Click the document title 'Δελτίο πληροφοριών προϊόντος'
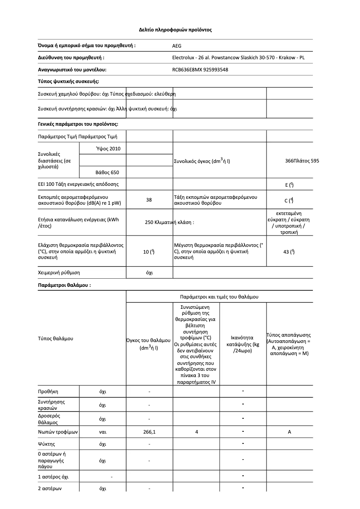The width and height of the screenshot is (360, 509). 175,30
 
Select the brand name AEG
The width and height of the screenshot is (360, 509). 177,46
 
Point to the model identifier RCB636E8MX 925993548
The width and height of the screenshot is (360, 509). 200,70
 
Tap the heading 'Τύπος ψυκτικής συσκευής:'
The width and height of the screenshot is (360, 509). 68,81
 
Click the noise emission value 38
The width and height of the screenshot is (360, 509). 149,200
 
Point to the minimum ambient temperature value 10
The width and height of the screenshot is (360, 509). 149,252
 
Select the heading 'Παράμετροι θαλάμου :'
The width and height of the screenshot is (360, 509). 64,285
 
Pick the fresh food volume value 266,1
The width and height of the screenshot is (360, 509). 149,432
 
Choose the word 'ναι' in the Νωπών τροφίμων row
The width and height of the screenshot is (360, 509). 102,432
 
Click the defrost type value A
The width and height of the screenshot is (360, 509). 290,432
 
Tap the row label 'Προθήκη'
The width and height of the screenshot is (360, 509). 48,392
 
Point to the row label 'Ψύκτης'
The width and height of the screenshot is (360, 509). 47,444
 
